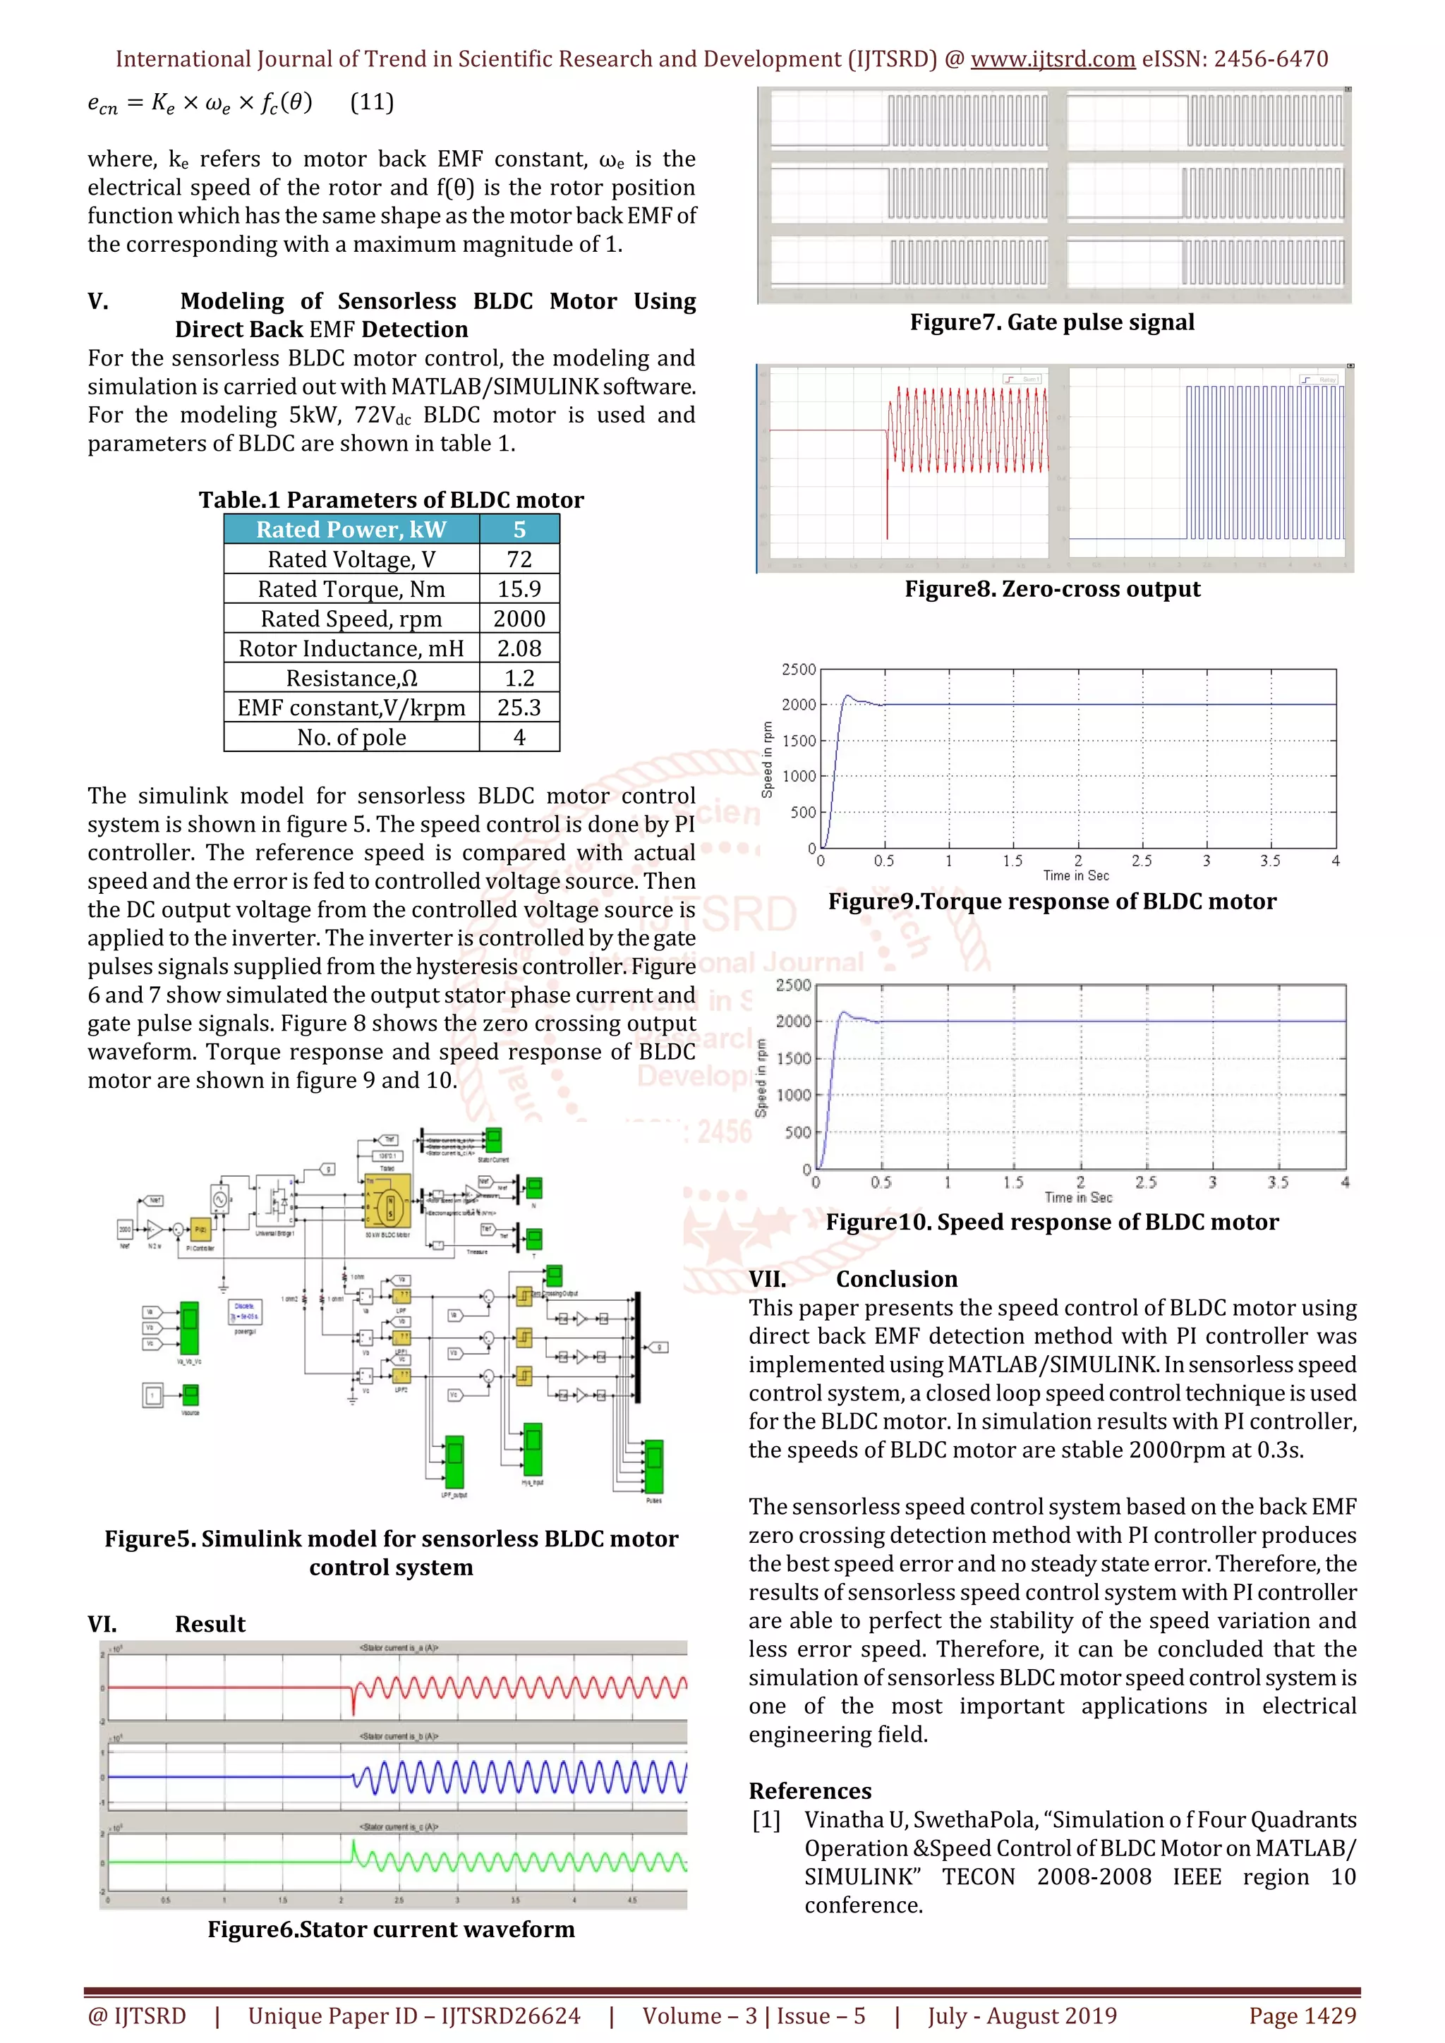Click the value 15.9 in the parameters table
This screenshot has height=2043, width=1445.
519,589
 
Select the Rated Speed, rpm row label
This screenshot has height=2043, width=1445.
351,619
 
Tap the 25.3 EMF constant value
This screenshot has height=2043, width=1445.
519,708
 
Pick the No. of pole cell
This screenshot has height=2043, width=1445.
351,738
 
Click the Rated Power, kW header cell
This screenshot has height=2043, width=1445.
351,529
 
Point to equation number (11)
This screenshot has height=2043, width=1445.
372,102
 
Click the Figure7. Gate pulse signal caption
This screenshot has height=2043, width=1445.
1052,322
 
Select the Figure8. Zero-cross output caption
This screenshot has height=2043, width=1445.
1052,589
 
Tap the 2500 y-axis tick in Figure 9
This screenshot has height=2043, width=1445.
798,669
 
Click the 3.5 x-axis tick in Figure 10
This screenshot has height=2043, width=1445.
1278,1182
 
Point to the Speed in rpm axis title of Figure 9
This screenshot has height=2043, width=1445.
767,759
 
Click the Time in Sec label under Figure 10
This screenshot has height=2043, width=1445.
1078,1198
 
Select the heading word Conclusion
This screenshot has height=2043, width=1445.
897,1279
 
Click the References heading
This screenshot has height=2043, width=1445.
810,1791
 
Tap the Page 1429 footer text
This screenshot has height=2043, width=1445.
1302,2016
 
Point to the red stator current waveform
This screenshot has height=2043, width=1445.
516,1686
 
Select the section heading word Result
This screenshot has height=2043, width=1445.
210,1624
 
